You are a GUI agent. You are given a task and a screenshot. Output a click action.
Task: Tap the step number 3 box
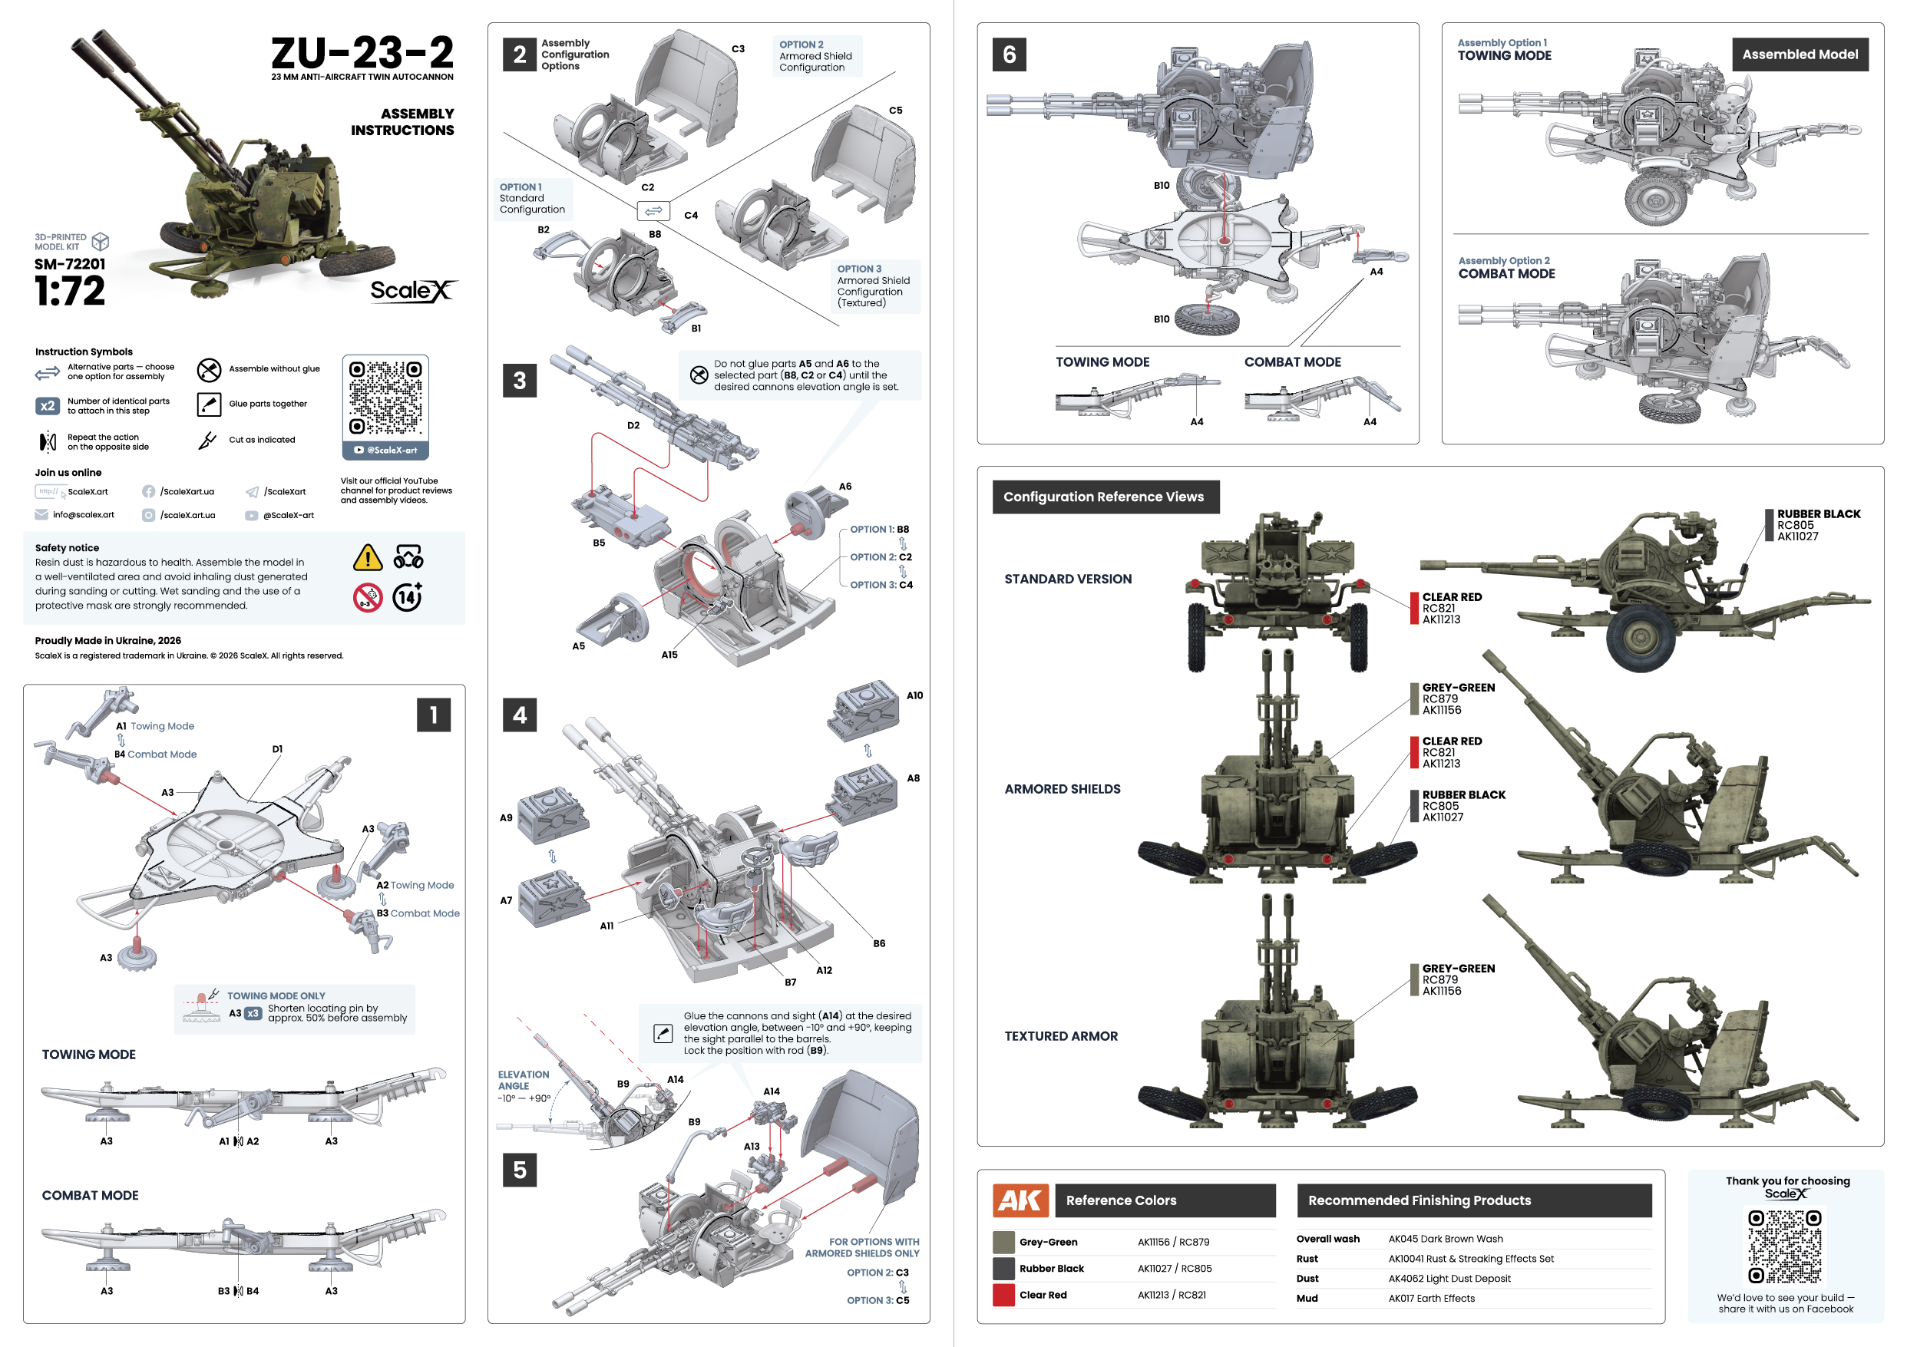tap(519, 381)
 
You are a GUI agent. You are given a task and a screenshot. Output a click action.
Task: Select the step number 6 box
tap(1009, 54)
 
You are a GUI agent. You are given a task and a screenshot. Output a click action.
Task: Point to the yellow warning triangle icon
tap(367, 558)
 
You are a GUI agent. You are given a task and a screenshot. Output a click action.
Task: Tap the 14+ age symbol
tap(407, 597)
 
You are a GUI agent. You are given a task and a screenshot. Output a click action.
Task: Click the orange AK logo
tap(1020, 1200)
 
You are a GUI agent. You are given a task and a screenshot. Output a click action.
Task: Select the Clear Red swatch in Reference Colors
tap(1003, 1295)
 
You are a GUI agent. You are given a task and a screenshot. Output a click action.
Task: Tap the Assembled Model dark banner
tap(1800, 54)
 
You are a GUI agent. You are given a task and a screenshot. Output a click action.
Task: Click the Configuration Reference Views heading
tap(1104, 497)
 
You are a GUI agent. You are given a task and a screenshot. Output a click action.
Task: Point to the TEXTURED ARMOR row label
tap(1061, 1036)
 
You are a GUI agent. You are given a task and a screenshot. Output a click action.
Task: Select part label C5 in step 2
tap(895, 111)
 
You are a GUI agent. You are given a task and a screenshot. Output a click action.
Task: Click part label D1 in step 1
tap(277, 749)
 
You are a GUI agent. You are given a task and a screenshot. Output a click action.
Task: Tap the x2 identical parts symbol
tap(48, 406)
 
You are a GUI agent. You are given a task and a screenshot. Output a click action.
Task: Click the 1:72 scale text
tap(70, 292)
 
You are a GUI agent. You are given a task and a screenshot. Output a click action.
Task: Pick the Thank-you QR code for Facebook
tap(1784, 1246)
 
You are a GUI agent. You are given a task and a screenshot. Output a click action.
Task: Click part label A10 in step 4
tap(914, 696)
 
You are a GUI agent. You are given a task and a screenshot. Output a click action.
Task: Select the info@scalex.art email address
tap(83, 515)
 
